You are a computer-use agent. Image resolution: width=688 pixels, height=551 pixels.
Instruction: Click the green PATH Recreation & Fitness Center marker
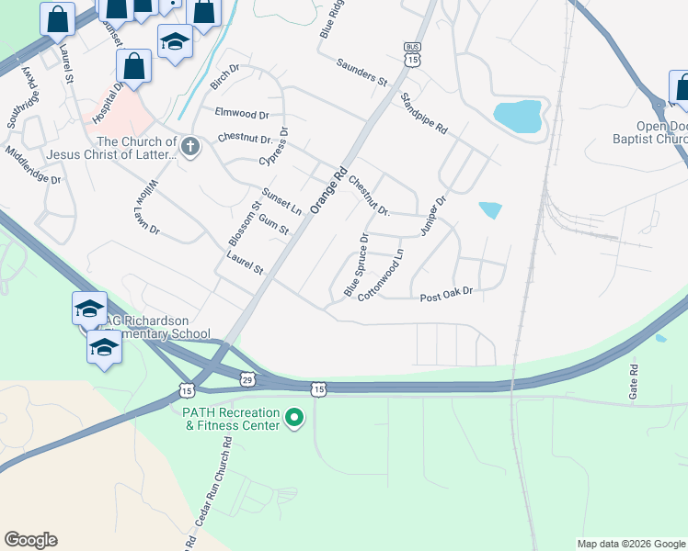tap(294, 419)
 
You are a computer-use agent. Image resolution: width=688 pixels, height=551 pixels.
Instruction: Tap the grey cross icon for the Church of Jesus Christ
tap(190, 147)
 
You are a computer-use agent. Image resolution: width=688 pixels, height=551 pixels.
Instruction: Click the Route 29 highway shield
tap(247, 378)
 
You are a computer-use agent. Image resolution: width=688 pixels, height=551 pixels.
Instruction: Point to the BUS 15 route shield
tap(412, 54)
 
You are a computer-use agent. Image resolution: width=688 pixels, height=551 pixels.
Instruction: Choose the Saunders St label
tap(361, 73)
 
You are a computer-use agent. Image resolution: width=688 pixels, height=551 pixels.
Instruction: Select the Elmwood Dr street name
tap(241, 115)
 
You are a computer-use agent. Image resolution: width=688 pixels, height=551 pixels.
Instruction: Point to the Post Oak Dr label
tap(446, 296)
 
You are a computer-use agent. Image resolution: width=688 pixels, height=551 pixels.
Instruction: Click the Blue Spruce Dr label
tap(356, 264)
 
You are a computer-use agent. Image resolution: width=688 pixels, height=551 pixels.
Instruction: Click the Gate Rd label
tap(634, 380)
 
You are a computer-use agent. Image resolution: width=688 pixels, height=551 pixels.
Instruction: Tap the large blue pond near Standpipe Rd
tap(520, 116)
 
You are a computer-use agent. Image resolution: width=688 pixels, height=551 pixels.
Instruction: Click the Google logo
tap(31, 540)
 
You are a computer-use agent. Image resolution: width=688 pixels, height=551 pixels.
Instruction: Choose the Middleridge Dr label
tap(32, 165)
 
